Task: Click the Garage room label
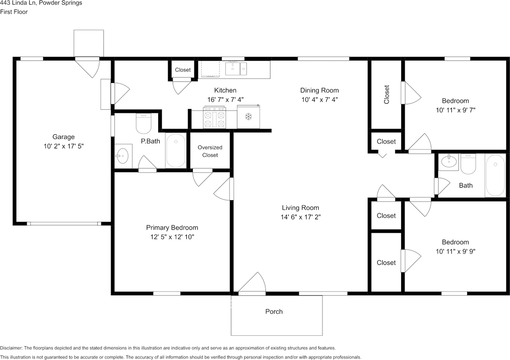coord(63,137)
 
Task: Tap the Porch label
coord(274,311)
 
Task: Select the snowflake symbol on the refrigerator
coord(248,117)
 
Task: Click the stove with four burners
coord(215,117)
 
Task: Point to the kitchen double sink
coord(236,69)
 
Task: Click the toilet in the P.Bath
coord(144,124)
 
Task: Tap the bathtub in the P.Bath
coord(176,151)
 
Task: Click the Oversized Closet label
coord(210,151)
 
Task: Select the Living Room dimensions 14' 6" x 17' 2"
coord(300,217)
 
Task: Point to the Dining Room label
coord(320,90)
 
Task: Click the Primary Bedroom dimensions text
coord(172,237)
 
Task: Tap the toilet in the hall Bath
coord(468,164)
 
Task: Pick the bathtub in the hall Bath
coord(495,175)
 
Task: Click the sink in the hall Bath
coord(449,162)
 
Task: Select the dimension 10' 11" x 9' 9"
coord(455,251)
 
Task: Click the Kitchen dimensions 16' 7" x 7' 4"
coord(226,100)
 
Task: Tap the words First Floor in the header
coord(14,12)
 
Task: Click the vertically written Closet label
coord(386,94)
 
